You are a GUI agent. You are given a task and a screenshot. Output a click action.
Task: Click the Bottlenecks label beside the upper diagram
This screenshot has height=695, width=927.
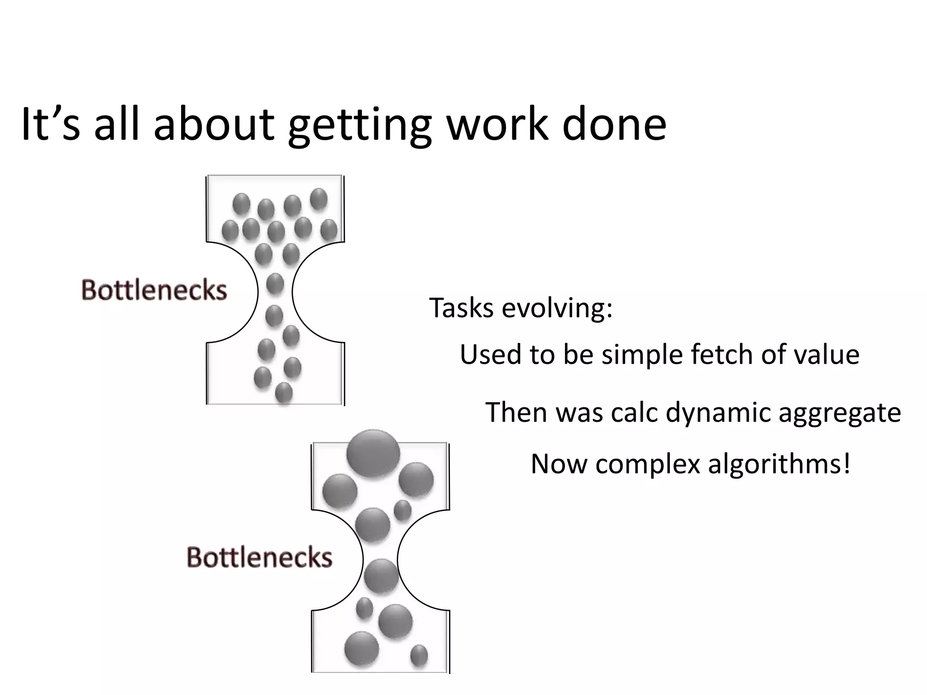154,290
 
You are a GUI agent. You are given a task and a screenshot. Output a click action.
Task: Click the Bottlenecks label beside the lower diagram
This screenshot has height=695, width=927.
259,557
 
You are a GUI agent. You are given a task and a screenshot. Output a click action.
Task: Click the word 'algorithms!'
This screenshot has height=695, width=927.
779,465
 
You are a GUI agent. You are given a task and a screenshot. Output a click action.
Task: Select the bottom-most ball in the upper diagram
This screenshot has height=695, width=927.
284,392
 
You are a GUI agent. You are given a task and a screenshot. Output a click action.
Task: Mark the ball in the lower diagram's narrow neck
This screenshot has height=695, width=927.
381,576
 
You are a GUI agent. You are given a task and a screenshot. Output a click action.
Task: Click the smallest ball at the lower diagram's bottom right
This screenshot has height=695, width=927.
419,655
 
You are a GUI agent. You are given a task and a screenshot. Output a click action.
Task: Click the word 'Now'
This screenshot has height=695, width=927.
559,464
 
